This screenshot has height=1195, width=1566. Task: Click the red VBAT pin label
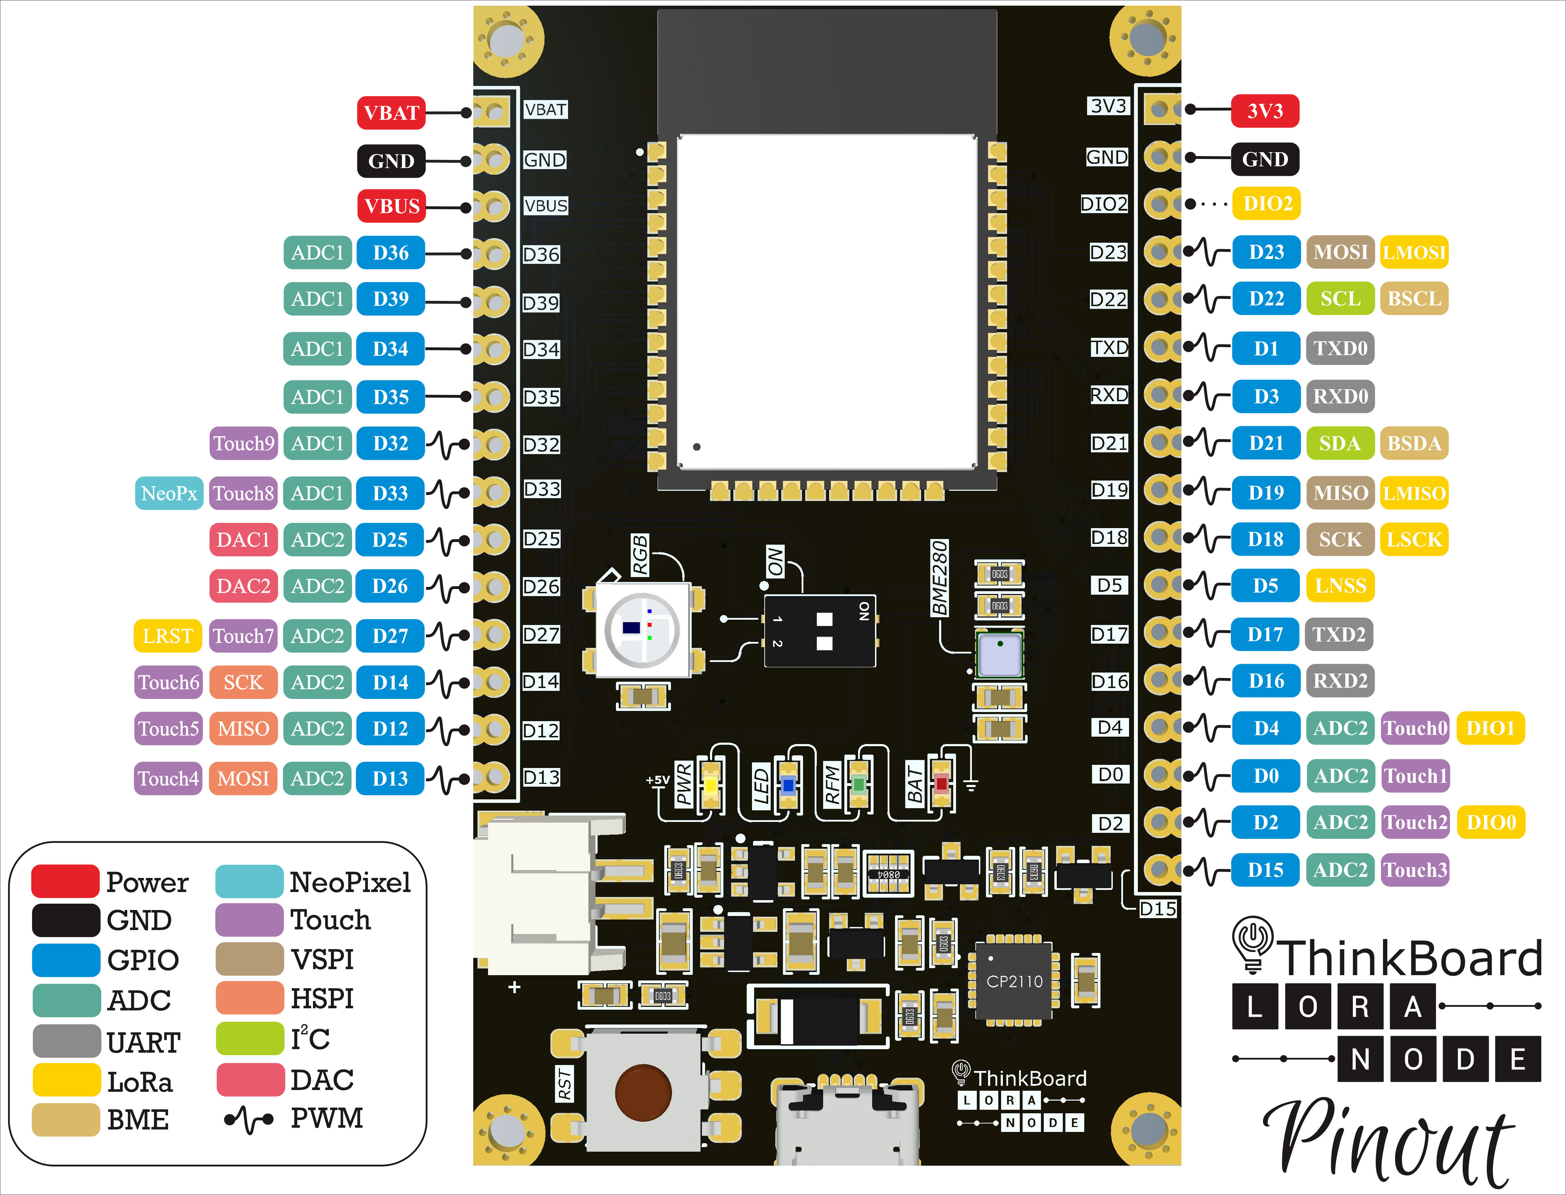coord(390,112)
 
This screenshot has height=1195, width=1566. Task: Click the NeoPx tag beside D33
coord(169,493)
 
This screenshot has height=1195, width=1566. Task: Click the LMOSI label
coord(1414,252)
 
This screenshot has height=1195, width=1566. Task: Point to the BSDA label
coord(1414,443)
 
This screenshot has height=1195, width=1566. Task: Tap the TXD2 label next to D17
coord(1339,634)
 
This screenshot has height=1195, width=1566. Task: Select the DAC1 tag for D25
coord(243,539)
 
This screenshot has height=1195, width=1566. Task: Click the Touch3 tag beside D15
coord(1414,869)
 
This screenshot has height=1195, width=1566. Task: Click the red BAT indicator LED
coord(941,784)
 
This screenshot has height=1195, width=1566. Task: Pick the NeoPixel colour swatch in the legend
coord(249,881)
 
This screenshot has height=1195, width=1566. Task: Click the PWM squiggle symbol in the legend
coord(248,1119)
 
